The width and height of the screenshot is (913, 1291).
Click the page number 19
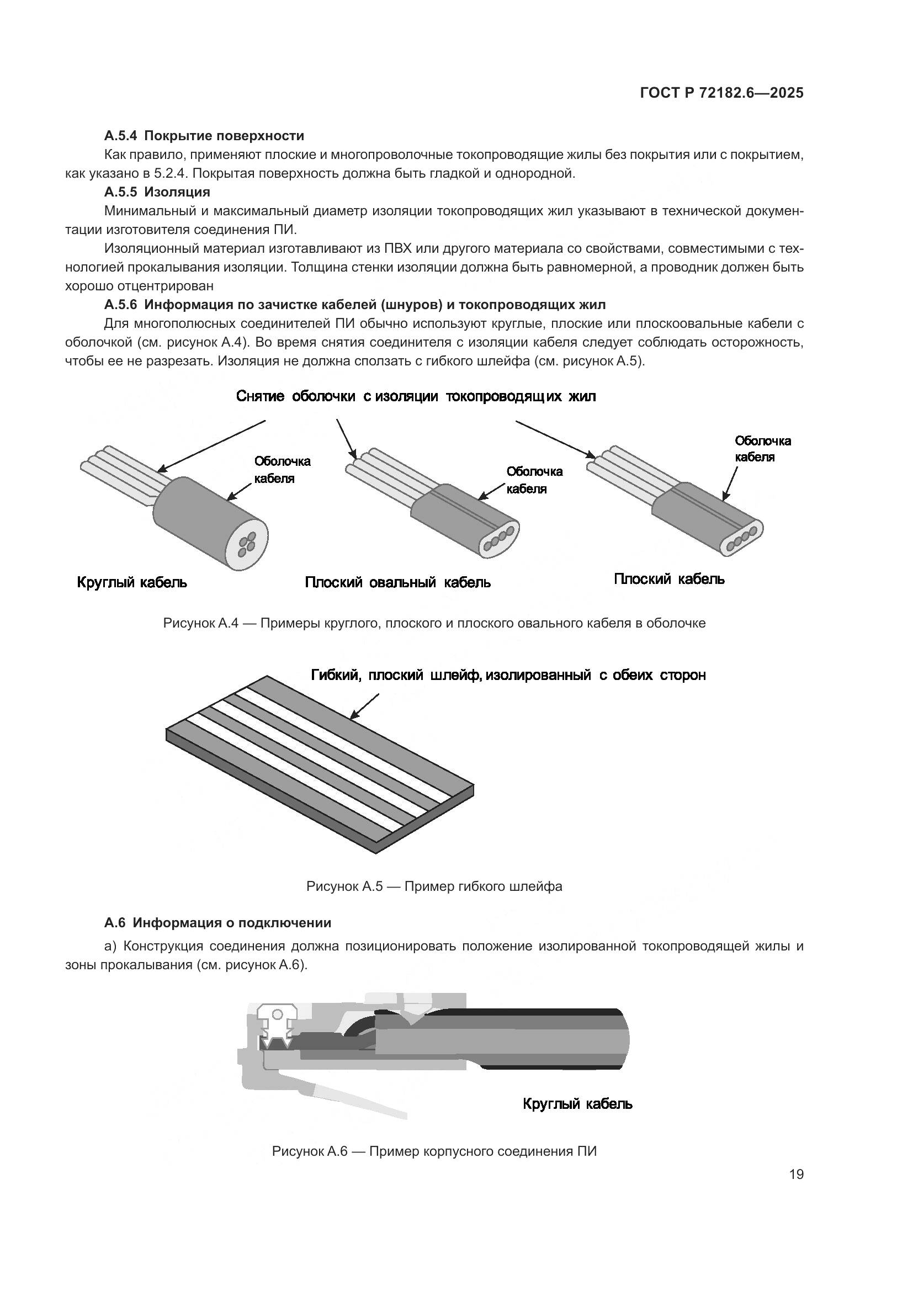click(796, 1174)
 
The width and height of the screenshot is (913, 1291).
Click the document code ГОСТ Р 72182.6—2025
click(722, 93)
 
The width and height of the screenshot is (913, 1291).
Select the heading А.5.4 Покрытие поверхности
click(204, 136)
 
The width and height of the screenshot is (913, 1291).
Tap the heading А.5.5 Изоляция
click(157, 192)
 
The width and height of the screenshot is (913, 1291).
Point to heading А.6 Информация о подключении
click(217, 923)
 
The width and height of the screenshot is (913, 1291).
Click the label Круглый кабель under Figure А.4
click(132, 582)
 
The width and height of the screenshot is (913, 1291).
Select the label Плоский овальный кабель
click(397, 582)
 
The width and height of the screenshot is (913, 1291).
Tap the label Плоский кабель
click(669, 579)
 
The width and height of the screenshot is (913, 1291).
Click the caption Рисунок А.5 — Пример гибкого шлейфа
click(434, 887)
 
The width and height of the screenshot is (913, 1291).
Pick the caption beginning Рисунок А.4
click(434, 623)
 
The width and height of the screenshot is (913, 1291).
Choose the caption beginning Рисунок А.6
click(434, 1151)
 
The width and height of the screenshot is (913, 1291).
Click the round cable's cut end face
click(247, 541)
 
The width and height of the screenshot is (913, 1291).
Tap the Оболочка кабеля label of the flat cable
click(762, 449)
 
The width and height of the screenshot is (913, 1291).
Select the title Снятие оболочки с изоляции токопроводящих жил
click(416, 396)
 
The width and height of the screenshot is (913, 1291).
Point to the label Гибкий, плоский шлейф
click(508, 675)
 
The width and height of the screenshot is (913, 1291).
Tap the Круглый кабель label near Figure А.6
click(577, 1104)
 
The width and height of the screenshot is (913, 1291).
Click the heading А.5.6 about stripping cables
click(355, 305)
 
